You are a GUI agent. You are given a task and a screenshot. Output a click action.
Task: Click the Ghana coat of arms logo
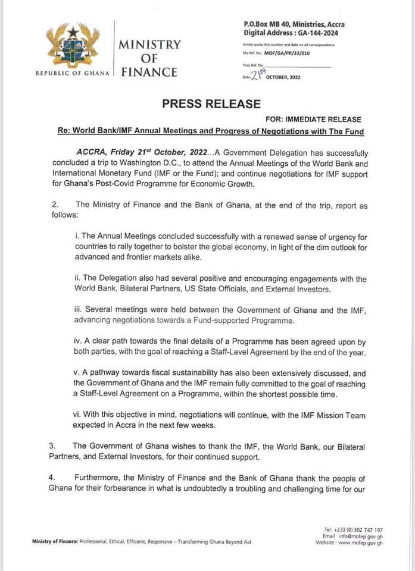(x=73, y=46)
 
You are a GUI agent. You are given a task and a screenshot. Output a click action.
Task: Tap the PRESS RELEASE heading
(x=211, y=103)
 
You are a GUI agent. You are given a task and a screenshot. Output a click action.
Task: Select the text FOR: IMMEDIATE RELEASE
(x=313, y=119)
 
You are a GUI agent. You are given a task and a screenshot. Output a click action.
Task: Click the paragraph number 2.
(x=55, y=205)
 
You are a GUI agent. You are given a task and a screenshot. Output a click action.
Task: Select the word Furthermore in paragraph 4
(x=98, y=478)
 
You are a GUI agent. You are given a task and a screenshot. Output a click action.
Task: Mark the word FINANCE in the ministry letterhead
(x=149, y=73)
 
